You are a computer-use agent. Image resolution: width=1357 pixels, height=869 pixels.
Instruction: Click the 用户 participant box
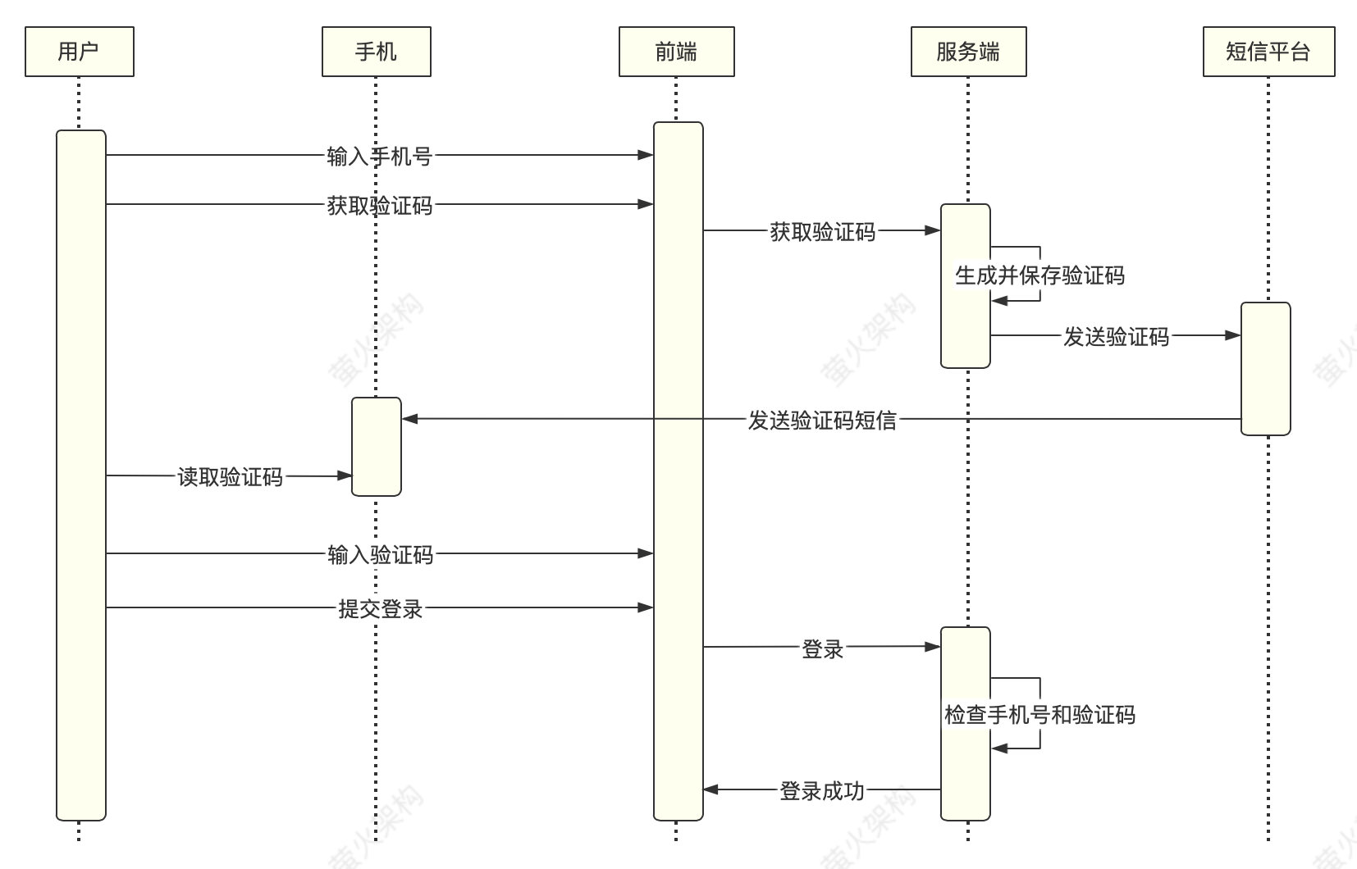[80, 52]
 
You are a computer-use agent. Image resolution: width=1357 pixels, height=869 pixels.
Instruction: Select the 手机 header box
[376, 52]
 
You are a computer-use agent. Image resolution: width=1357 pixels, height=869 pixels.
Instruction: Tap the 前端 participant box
[676, 52]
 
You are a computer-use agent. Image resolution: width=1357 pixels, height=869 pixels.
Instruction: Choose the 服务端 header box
[968, 52]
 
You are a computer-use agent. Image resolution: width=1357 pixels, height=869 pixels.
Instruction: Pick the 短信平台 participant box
[1268, 52]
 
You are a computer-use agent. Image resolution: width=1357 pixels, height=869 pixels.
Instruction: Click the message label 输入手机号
[379, 156]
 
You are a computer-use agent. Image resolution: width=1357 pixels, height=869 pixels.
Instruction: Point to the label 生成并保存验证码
[1039, 275]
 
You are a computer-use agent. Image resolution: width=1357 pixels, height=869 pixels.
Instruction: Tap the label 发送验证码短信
[822, 420]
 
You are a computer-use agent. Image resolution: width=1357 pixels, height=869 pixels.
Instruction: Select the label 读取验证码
[231, 476]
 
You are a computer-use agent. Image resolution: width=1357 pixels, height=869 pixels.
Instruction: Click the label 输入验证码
[380, 555]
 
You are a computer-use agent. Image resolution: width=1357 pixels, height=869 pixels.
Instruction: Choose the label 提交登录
[380, 608]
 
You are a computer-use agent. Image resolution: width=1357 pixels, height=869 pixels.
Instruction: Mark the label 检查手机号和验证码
[1039, 715]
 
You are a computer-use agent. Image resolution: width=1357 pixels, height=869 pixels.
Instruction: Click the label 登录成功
[822, 791]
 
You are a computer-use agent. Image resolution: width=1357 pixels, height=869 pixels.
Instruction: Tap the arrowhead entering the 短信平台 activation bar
[1232, 335]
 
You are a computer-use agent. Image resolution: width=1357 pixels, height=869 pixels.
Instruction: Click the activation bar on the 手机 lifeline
[376, 447]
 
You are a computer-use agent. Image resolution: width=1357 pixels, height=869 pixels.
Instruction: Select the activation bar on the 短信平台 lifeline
[1265, 369]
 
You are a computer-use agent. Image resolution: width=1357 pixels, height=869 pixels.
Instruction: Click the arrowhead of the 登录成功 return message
[711, 789]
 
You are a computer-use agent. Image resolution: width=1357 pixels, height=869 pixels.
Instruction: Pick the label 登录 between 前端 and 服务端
[822, 649]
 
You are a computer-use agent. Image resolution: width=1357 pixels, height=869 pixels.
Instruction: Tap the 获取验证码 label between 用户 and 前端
[379, 206]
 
